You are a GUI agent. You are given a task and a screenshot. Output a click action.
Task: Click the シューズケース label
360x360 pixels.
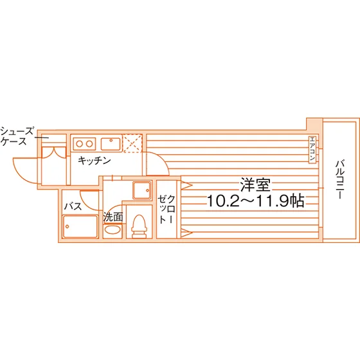tap(17, 136)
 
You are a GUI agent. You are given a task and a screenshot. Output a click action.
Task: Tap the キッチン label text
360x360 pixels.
tap(94, 161)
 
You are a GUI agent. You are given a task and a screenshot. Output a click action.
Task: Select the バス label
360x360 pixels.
tap(73, 206)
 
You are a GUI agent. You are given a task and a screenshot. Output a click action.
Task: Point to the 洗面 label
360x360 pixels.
tap(113, 217)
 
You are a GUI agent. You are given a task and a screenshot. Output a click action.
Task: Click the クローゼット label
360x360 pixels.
tap(166, 209)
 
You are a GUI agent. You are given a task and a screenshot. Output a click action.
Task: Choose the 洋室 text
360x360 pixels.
tap(255, 185)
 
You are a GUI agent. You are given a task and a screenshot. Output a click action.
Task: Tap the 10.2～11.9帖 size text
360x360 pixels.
tap(256, 201)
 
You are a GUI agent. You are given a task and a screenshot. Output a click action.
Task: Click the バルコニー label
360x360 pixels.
tap(340, 179)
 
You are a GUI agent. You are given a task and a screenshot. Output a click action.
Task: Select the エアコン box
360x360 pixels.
tap(312, 150)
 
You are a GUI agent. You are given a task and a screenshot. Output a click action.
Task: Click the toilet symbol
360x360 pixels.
tap(139, 226)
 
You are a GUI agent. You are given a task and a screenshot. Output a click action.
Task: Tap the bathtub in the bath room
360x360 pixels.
tap(80, 226)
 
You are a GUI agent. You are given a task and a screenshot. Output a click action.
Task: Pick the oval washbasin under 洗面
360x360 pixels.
tap(113, 230)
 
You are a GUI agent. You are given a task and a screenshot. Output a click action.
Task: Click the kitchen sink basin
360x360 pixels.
tap(111, 144)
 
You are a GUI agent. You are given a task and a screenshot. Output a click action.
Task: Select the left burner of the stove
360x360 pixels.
tap(80, 144)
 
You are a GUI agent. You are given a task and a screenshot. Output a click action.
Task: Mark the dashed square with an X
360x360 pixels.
tap(132, 143)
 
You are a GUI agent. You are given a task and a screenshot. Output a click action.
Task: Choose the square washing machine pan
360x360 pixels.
tap(142, 190)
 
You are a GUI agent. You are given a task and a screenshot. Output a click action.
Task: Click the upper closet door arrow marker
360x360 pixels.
tap(186, 185)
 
